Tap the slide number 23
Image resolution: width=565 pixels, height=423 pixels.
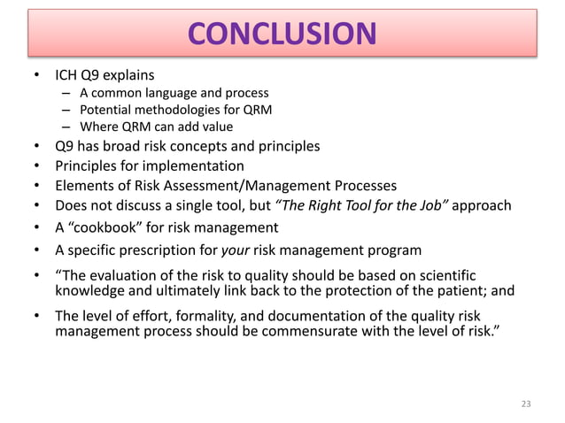pyautogui.click(x=527, y=404)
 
